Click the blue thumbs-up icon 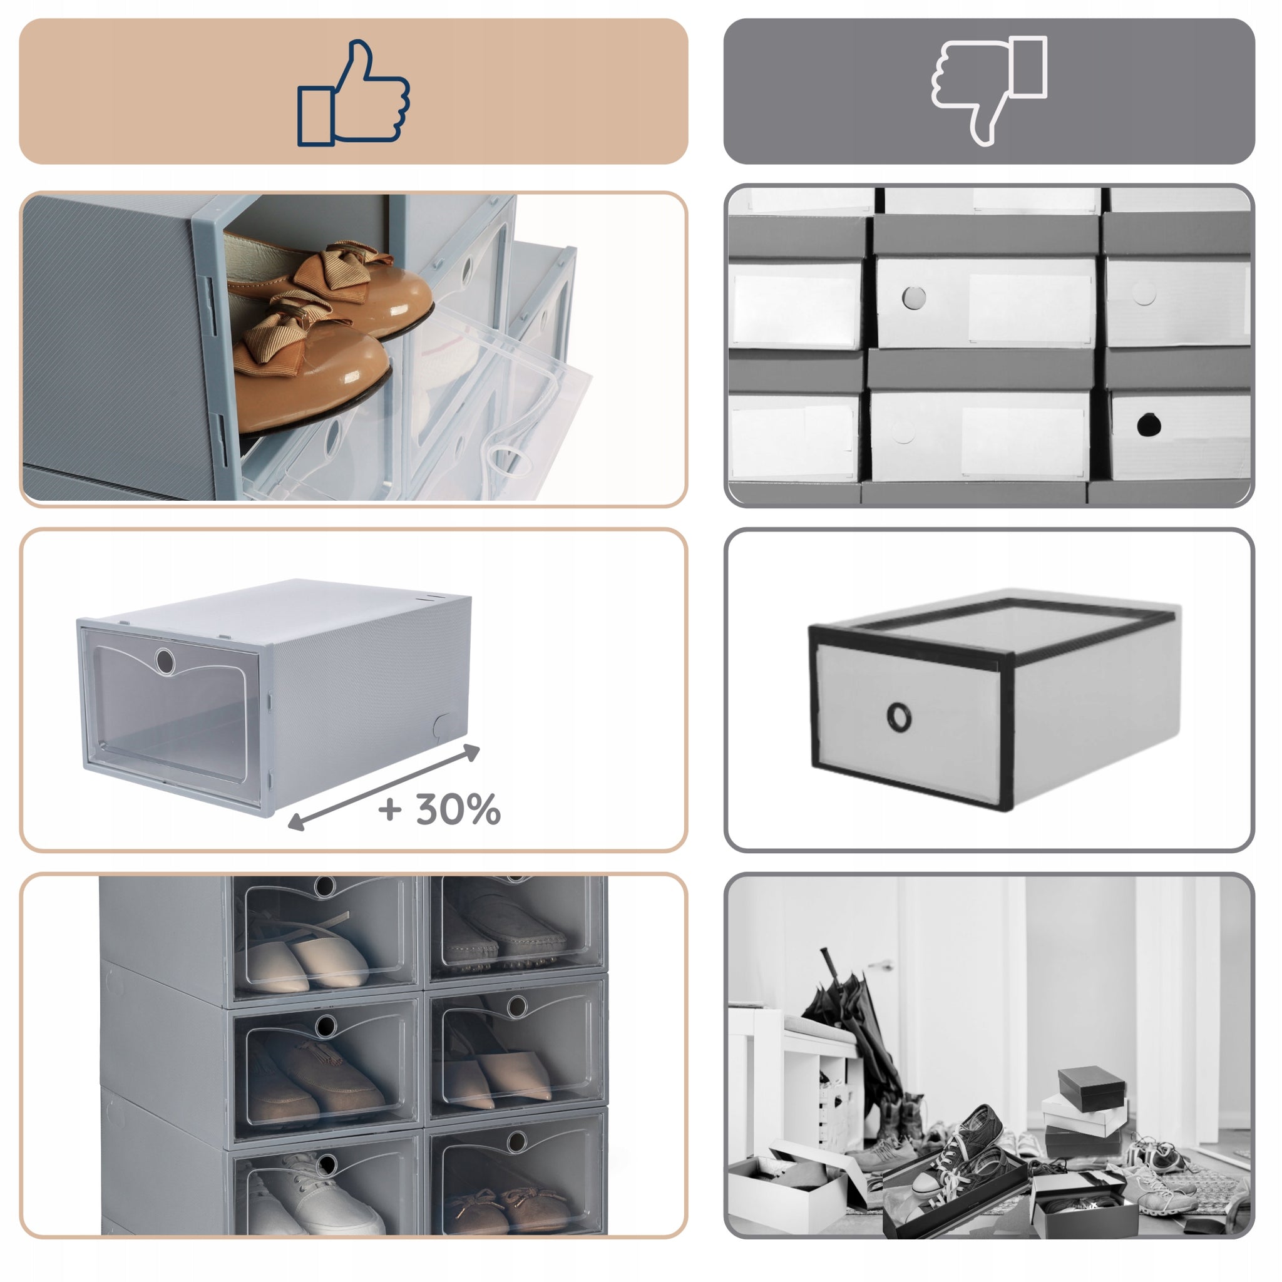352,93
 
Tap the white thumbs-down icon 988,90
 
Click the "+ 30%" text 439,809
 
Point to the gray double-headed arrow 384,787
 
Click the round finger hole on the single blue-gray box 165,661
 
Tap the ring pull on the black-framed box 898,717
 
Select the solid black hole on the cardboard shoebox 1148,424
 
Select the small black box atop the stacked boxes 1092,1088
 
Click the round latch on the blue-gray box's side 443,726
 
